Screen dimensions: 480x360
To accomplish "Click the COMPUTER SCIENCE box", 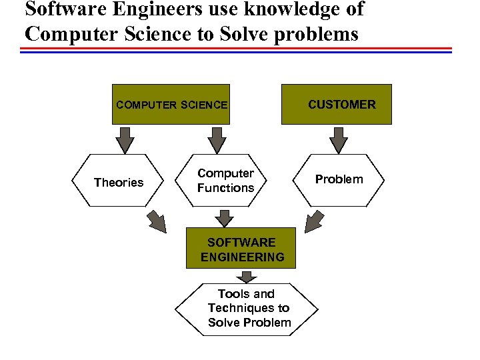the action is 171,105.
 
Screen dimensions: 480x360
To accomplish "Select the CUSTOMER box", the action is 336,105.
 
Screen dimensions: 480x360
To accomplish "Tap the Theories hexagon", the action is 119,182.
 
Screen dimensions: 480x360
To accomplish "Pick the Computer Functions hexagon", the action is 225,181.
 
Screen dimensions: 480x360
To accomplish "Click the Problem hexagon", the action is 339,179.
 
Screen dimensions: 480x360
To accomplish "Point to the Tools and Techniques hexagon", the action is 247,309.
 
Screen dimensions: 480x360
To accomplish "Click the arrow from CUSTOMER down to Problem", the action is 339,140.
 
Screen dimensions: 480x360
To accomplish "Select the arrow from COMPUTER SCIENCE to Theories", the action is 125,140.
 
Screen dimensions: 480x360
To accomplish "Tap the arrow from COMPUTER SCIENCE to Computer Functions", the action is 217,140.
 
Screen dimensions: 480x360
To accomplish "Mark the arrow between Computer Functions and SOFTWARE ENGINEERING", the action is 225,218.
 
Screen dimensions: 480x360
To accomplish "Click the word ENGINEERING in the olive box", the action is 242,257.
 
